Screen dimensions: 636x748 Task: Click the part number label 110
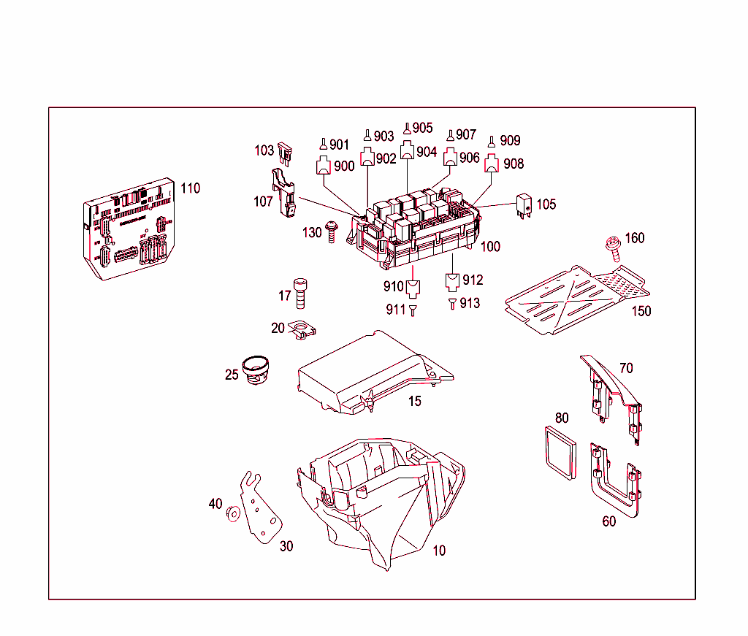(x=190, y=188)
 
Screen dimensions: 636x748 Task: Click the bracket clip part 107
(x=286, y=194)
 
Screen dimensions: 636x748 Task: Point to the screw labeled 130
(x=332, y=233)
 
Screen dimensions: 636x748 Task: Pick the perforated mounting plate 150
(x=577, y=299)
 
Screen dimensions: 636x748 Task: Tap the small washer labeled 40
(x=233, y=513)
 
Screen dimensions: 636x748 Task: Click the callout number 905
(x=422, y=128)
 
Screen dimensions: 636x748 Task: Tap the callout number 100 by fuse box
(x=490, y=247)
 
